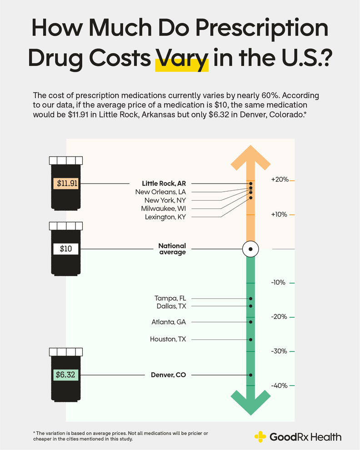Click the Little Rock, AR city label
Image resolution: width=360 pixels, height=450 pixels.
tap(164, 183)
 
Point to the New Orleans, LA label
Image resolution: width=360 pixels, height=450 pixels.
tap(160, 192)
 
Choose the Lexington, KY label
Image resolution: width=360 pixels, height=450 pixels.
tap(165, 217)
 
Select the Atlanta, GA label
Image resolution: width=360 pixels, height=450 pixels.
tap(169, 322)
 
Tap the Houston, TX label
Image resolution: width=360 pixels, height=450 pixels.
tap(168, 339)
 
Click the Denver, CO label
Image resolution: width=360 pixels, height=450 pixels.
tap(168, 375)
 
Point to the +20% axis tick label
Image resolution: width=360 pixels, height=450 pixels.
tap(280, 180)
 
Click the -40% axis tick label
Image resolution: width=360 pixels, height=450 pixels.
tap(279, 386)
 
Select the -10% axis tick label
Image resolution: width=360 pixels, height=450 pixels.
tap(279, 283)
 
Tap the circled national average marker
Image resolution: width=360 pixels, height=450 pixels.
tap(250, 249)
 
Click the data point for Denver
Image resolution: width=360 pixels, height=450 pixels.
tap(250, 375)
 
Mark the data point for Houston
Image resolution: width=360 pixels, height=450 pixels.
tap(250, 339)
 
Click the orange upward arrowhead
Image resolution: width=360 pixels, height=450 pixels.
tap(250, 157)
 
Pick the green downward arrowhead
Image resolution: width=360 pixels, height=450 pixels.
tap(250, 403)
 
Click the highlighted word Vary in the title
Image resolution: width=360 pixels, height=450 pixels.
tap(182, 60)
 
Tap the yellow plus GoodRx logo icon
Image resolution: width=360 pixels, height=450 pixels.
tap(260, 437)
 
